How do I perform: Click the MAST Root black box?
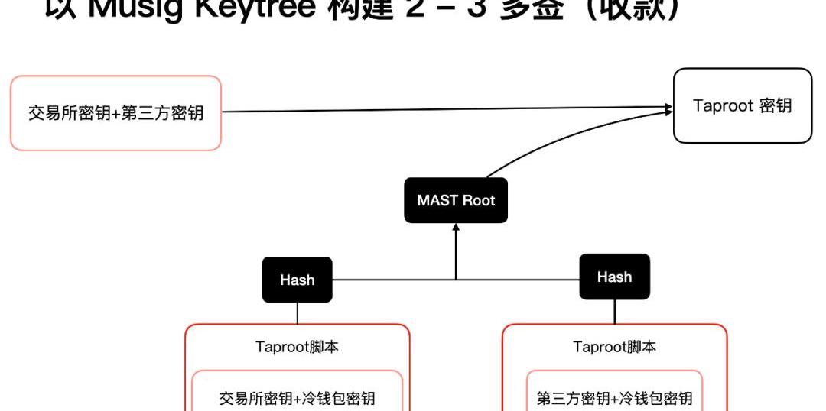click(456, 201)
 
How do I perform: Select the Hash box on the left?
click(297, 280)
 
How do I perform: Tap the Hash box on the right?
click(614, 277)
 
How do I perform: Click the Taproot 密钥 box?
click(742, 105)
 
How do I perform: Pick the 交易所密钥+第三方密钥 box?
click(115, 113)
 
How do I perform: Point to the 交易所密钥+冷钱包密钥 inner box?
click(298, 397)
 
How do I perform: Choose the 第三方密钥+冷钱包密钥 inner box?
click(614, 397)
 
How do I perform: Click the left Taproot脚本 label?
click(298, 348)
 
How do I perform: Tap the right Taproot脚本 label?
click(614, 348)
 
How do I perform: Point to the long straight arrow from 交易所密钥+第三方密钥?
click(444, 110)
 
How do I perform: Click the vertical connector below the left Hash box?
click(297, 312)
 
